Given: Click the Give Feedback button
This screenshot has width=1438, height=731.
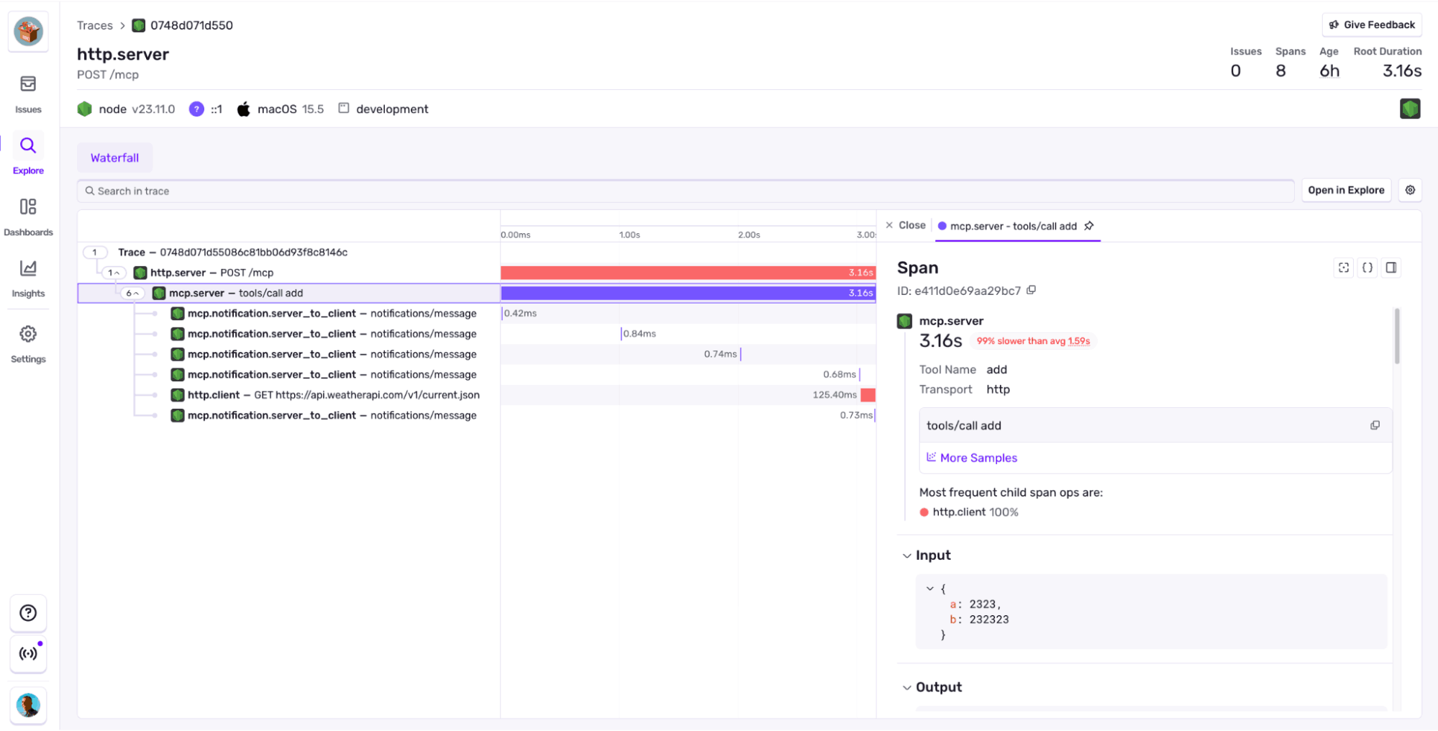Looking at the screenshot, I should pos(1372,24).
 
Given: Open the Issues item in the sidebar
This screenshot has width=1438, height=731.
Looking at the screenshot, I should pos(28,94).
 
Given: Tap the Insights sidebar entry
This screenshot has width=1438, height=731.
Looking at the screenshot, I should pos(28,278).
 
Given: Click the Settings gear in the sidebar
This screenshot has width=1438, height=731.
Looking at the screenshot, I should pos(28,335).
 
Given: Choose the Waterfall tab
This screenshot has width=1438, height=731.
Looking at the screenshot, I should pos(114,158).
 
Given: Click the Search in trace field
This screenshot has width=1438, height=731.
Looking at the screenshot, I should pos(683,191).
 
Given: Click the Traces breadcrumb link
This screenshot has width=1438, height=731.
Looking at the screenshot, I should pos(95,25).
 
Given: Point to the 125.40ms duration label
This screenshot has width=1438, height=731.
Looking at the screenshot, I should pos(834,395).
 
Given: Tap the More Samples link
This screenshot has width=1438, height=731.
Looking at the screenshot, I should pos(978,458).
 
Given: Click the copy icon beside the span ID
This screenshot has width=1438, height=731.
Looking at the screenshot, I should pos(1032,290).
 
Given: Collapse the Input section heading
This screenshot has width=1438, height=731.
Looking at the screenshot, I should pos(932,555).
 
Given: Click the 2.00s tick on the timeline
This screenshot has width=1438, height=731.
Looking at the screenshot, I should pos(749,235).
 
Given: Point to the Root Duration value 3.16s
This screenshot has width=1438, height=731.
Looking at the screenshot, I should pos(1401,71).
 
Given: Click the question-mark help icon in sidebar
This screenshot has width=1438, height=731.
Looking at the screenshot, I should pos(28,613).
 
